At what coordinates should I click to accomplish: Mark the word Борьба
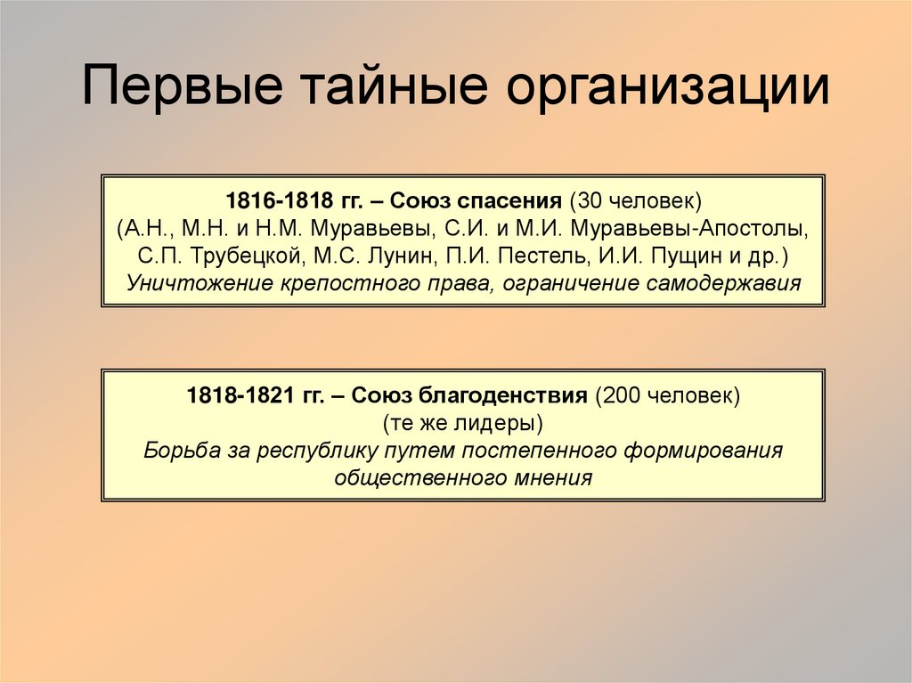(173, 450)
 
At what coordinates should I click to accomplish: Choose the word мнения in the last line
(552, 478)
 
